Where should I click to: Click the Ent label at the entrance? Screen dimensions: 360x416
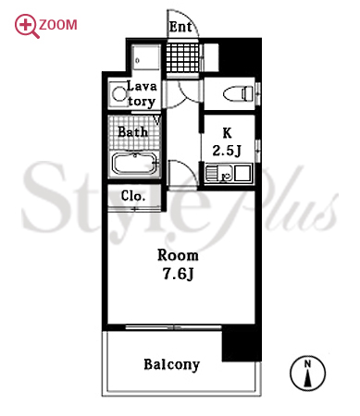[180, 27]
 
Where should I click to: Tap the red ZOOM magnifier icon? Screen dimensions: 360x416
[27, 26]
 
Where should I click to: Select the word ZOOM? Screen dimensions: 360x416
[58, 25]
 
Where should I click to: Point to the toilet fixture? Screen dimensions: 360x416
[238, 93]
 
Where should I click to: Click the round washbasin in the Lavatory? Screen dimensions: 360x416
[118, 93]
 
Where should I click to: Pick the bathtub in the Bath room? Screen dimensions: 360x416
[135, 165]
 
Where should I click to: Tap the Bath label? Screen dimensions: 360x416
[133, 132]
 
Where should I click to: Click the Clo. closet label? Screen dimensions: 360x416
[133, 196]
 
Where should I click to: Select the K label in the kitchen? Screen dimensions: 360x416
[227, 133]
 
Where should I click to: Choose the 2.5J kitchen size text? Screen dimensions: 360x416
[227, 151]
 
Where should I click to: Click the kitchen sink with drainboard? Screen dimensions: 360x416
[219, 173]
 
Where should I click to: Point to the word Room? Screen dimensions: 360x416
[178, 255]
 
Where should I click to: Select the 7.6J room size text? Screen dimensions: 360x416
[178, 274]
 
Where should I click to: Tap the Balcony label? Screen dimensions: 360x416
[172, 365]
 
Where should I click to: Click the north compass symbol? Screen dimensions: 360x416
[307, 373]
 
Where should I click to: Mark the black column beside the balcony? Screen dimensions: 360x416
[242, 343]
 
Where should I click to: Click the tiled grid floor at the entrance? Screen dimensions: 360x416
[183, 57]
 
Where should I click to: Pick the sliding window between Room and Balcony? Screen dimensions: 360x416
[173, 327]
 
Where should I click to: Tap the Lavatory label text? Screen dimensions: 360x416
[142, 93]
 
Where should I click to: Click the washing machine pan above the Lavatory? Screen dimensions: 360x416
[146, 57]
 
